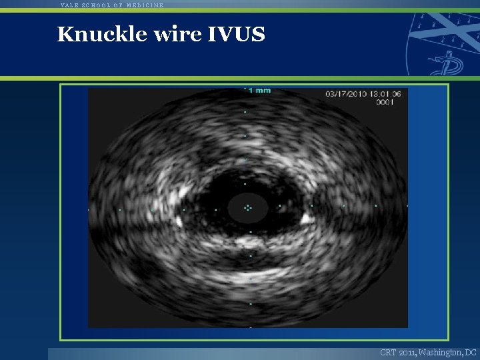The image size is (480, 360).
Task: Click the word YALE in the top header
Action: (x=69, y=5)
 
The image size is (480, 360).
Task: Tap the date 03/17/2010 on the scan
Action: (x=345, y=94)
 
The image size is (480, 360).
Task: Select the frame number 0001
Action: (x=385, y=103)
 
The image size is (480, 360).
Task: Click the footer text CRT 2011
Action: (x=398, y=352)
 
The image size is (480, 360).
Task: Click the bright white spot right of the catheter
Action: (x=307, y=217)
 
